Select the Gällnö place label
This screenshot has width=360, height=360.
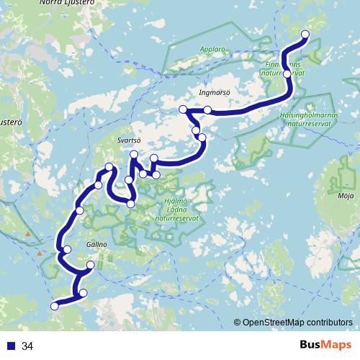[x=96, y=245]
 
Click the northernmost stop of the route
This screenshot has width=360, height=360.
[x=305, y=35]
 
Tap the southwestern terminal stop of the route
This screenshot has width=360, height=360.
[x=54, y=306]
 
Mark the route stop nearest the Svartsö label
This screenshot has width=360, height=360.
[x=134, y=155]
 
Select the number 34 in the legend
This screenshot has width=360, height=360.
[x=28, y=346]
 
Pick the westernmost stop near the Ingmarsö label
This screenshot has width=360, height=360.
[x=183, y=109]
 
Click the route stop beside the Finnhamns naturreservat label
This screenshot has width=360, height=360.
[x=287, y=73]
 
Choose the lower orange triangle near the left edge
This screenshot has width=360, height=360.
[x=40, y=253]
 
